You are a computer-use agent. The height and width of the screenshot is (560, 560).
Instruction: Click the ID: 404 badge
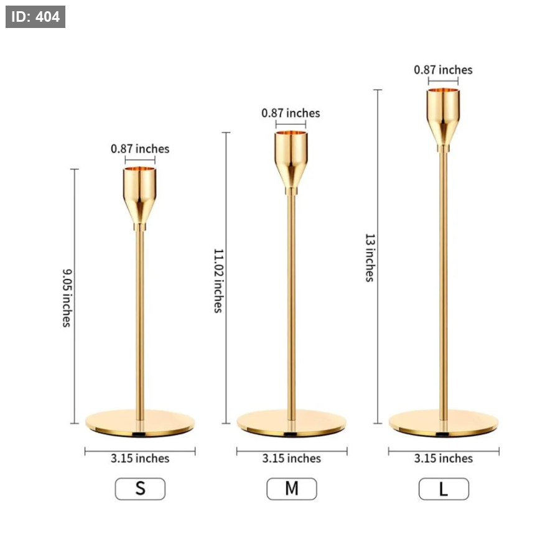pos(35,17)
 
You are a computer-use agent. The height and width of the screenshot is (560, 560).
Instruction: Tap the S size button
pos(140,488)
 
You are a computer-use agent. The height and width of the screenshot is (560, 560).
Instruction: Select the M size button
pos(291,488)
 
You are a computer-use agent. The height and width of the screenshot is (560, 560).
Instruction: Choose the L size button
pos(444,488)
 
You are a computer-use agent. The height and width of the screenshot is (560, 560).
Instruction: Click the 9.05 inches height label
pos(67,298)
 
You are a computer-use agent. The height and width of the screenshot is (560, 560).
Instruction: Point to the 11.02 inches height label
pos(218,281)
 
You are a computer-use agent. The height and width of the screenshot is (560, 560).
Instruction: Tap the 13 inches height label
pos(370,258)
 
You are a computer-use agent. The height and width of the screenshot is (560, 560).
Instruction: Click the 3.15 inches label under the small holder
pos(140,458)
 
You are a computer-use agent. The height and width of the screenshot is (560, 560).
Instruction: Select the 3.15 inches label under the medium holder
pos(291,458)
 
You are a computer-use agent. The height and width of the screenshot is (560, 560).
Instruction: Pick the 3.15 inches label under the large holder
pos(443,458)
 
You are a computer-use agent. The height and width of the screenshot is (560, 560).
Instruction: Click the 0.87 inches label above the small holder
pos(140,149)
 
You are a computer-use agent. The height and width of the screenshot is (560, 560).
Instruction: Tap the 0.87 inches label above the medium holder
pos(291,113)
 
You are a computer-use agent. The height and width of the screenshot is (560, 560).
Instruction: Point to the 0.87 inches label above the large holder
pos(443,70)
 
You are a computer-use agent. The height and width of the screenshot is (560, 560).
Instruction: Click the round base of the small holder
pos(140,423)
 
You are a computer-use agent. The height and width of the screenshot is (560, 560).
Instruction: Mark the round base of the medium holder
pos(291,423)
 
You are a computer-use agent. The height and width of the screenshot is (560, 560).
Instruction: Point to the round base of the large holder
pos(444,423)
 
